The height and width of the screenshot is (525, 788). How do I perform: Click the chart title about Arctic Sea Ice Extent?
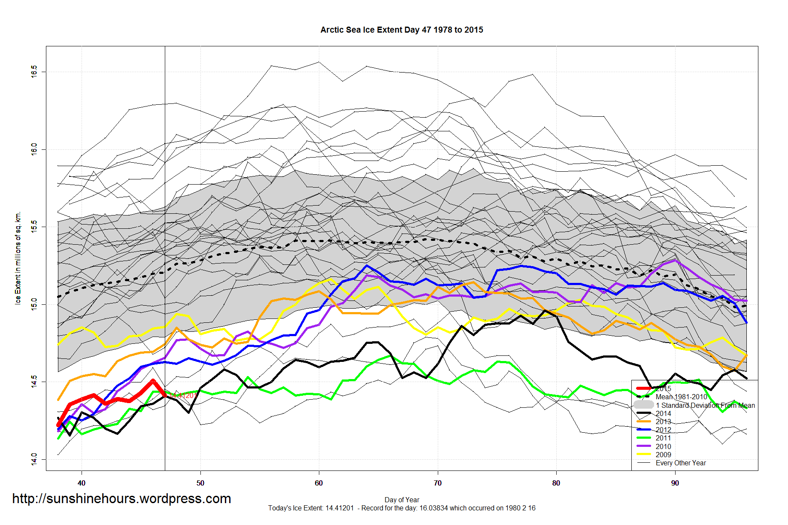(x=402, y=30)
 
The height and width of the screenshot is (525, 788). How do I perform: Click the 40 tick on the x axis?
(x=82, y=483)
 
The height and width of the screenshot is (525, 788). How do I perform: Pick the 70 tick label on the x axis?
(x=437, y=483)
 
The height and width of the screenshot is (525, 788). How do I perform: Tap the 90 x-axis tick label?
(x=675, y=483)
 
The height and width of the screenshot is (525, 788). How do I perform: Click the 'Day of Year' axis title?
(x=402, y=500)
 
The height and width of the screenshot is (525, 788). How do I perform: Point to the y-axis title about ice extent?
(x=18, y=258)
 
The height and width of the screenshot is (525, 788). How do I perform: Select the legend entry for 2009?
(x=663, y=455)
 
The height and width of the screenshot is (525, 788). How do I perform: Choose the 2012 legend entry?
(x=663, y=430)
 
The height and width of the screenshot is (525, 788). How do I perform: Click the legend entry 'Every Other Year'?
(x=681, y=463)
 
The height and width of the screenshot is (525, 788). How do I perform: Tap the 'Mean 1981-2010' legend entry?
(x=681, y=397)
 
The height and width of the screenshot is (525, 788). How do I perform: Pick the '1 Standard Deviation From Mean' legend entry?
(x=705, y=405)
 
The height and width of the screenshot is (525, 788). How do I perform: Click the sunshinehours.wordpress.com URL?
(x=121, y=499)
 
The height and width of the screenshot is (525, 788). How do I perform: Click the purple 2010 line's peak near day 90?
(x=675, y=260)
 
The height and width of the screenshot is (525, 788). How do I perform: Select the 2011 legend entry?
(x=663, y=438)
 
